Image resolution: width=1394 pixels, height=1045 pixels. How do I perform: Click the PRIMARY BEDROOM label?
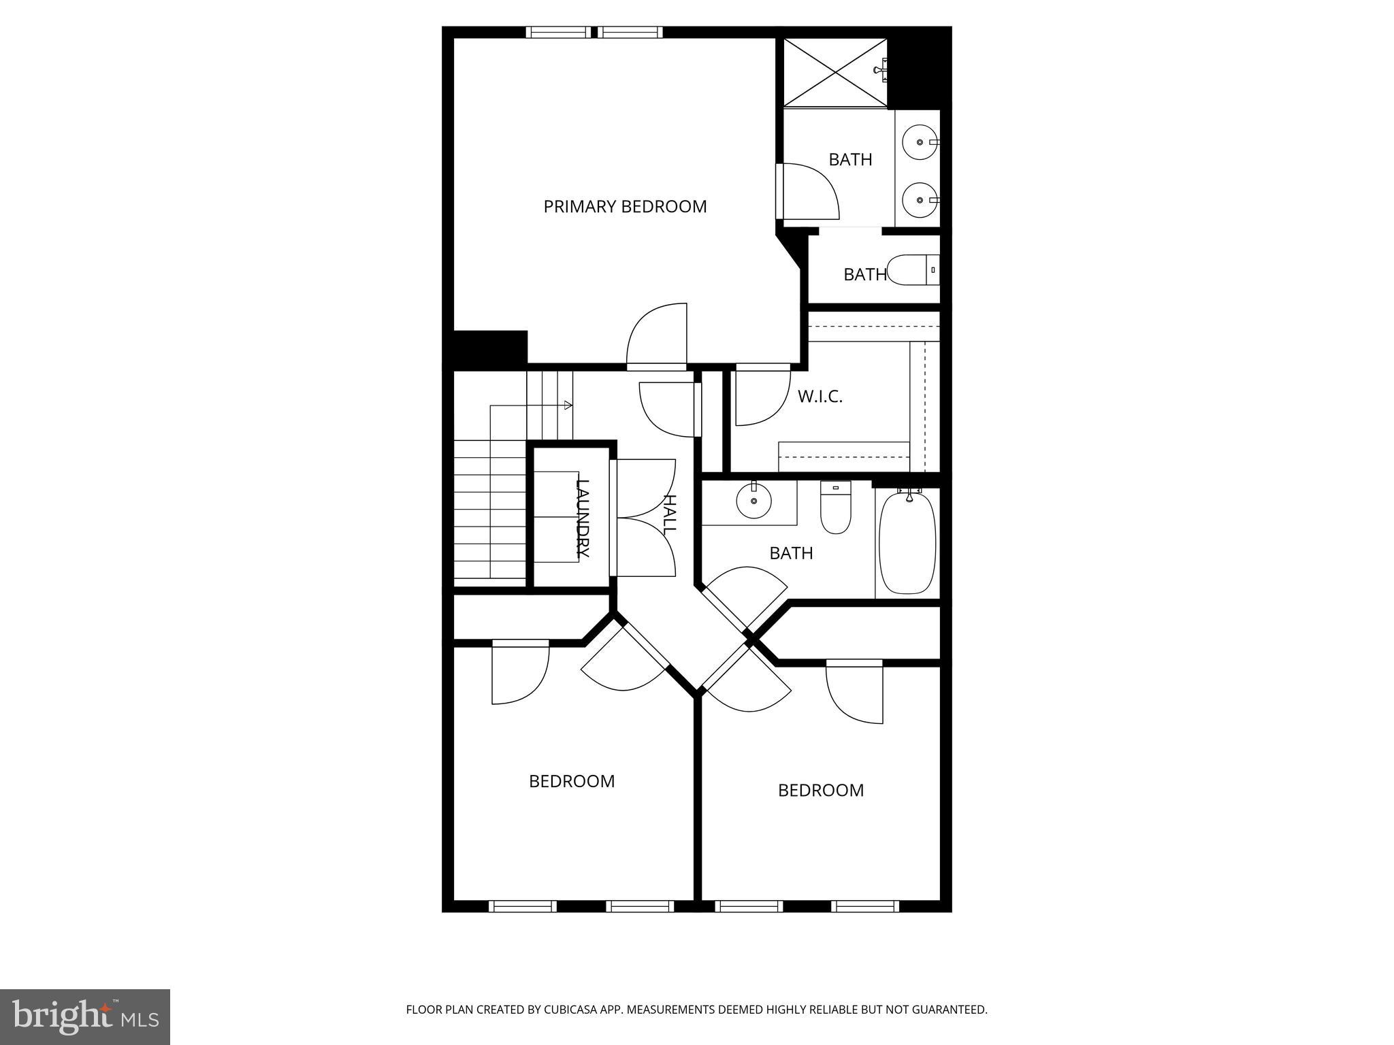click(624, 207)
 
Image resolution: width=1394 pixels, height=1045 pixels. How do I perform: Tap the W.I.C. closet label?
click(820, 397)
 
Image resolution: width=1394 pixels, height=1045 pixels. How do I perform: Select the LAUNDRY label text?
click(583, 518)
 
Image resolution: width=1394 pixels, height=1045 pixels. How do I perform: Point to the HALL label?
click(670, 513)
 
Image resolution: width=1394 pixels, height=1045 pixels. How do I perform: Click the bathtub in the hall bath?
click(907, 543)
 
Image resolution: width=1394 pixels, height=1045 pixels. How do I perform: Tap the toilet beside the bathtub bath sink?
click(835, 508)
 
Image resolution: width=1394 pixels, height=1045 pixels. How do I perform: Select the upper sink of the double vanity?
click(920, 142)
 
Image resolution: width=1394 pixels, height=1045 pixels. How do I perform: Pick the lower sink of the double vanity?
click(920, 200)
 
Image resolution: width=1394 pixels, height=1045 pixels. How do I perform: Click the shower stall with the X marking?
click(835, 72)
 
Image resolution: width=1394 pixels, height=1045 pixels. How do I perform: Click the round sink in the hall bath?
click(753, 502)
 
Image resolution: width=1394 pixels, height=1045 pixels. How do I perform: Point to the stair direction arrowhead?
click(568, 405)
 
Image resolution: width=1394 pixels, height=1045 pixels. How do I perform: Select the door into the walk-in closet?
click(760, 397)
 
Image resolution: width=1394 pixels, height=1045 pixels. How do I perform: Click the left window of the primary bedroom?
click(559, 32)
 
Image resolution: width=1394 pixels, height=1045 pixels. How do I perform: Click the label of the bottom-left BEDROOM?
click(572, 781)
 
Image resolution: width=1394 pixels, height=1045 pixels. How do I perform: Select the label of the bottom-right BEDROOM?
click(820, 791)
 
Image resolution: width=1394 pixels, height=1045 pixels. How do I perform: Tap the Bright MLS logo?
click(84, 1017)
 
